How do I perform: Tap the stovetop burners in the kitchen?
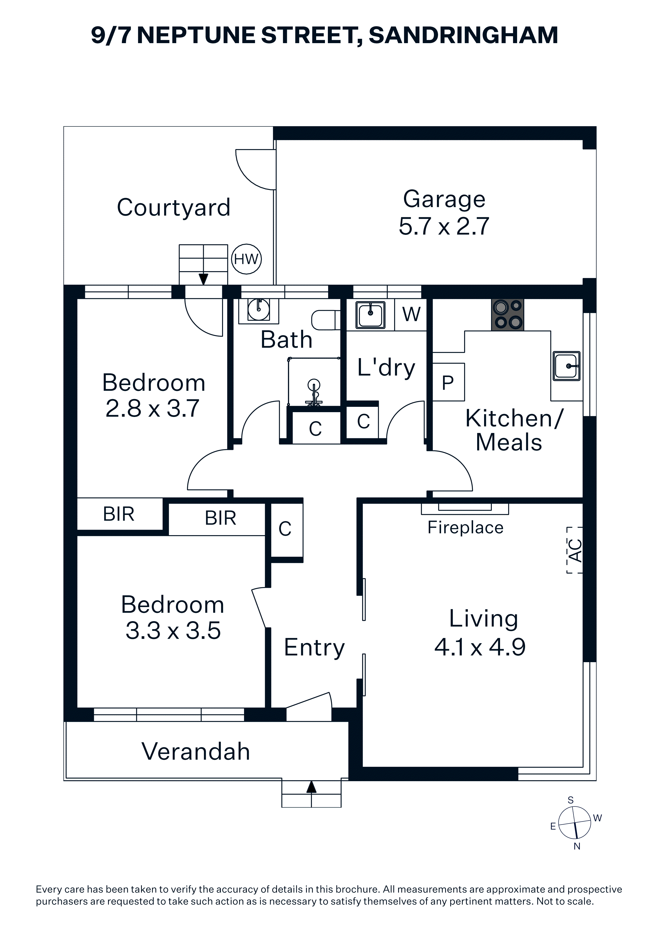(x=508, y=314)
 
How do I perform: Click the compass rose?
(x=574, y=823)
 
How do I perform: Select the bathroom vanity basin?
(x=259, y=311)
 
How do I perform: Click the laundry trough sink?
(x=370, y=314)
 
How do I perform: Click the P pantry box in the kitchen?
(x=448, y=382)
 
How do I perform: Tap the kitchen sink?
(x=567, y=366)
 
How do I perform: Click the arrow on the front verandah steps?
(x=311, y=787)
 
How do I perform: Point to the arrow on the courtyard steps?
(x=203, y=279)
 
